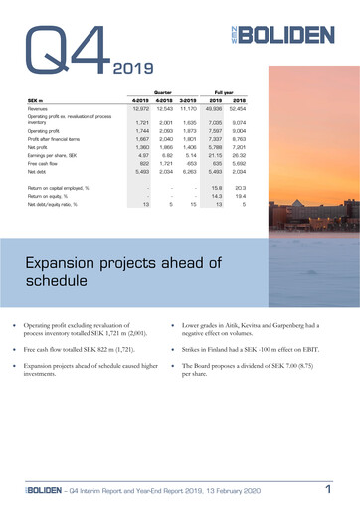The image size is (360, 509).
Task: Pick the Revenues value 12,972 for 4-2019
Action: (139, 109)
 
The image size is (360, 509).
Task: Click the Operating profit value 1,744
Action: (139, 129)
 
